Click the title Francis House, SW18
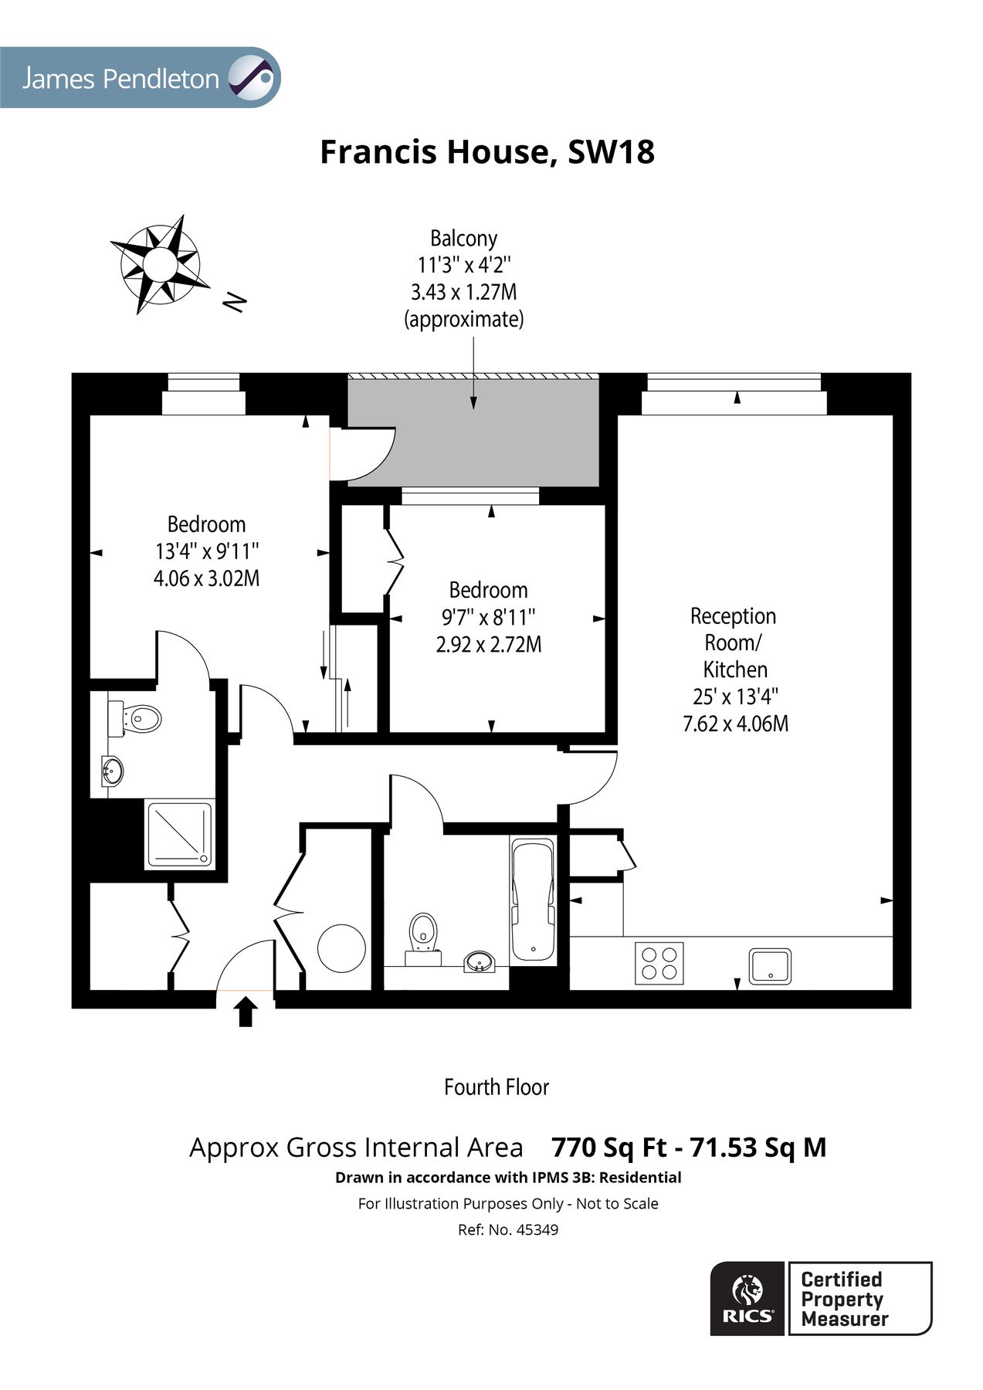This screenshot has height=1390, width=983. [487, 152]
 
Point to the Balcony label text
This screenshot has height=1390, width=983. [463, 239]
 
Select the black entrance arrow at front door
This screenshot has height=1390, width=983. [246, 1011]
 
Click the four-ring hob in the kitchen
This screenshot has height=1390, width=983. [659, 963]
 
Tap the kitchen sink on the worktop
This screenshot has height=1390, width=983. [770, 966]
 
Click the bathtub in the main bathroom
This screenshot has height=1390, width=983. [532, 900]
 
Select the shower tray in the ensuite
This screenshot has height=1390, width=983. [179, 834]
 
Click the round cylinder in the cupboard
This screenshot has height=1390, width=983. [341, 948]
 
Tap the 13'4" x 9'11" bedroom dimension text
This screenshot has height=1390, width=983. [206, 551]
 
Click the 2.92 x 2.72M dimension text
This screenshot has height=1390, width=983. [488, 644]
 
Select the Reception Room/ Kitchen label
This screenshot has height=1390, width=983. [734, 642]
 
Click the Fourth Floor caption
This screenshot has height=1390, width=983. [496, 1087]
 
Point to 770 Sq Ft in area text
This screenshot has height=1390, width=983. [608, 1148]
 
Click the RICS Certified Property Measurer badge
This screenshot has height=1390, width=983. [820, 1298]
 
